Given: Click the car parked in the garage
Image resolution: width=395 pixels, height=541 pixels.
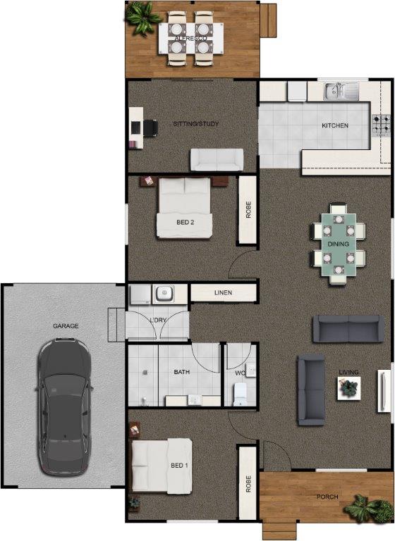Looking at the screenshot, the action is tap(65, 407).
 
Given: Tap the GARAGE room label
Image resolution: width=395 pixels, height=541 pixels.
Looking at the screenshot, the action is tap(66, 326).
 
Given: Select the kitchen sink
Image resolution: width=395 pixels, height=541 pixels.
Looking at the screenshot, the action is tap(341, 91).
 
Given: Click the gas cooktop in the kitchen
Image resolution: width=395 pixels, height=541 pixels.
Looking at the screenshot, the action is tap(381, 125).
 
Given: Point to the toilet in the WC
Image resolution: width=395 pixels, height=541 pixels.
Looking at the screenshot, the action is tap(240, 394).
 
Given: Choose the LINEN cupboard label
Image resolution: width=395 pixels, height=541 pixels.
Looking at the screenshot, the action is tap(224, 292).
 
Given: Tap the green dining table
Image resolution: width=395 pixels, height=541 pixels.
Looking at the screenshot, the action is tap(339, 244).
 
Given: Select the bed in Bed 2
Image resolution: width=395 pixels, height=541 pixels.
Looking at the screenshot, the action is tap(184, 208).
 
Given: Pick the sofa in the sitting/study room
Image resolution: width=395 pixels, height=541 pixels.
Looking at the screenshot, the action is tap(217, 160).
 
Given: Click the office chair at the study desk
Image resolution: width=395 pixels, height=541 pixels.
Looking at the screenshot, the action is tap(150, 128).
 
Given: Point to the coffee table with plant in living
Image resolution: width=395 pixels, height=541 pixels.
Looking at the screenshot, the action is tap(349, 388).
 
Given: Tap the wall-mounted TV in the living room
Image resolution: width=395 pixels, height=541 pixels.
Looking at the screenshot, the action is tap(383, 391).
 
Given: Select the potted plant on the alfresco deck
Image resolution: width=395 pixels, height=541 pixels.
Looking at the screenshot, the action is tap(142, 18).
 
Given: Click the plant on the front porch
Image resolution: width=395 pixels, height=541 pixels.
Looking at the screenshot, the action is tap(368, 509).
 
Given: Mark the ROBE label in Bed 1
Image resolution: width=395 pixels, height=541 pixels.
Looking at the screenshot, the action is tap(248, 484).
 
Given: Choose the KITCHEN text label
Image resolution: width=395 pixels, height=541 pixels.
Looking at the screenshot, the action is tap(335, 125).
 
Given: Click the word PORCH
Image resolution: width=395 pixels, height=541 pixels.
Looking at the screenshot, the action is tap(327, 497).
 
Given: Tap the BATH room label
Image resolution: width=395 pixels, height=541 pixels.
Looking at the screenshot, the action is tap(182, 372).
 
